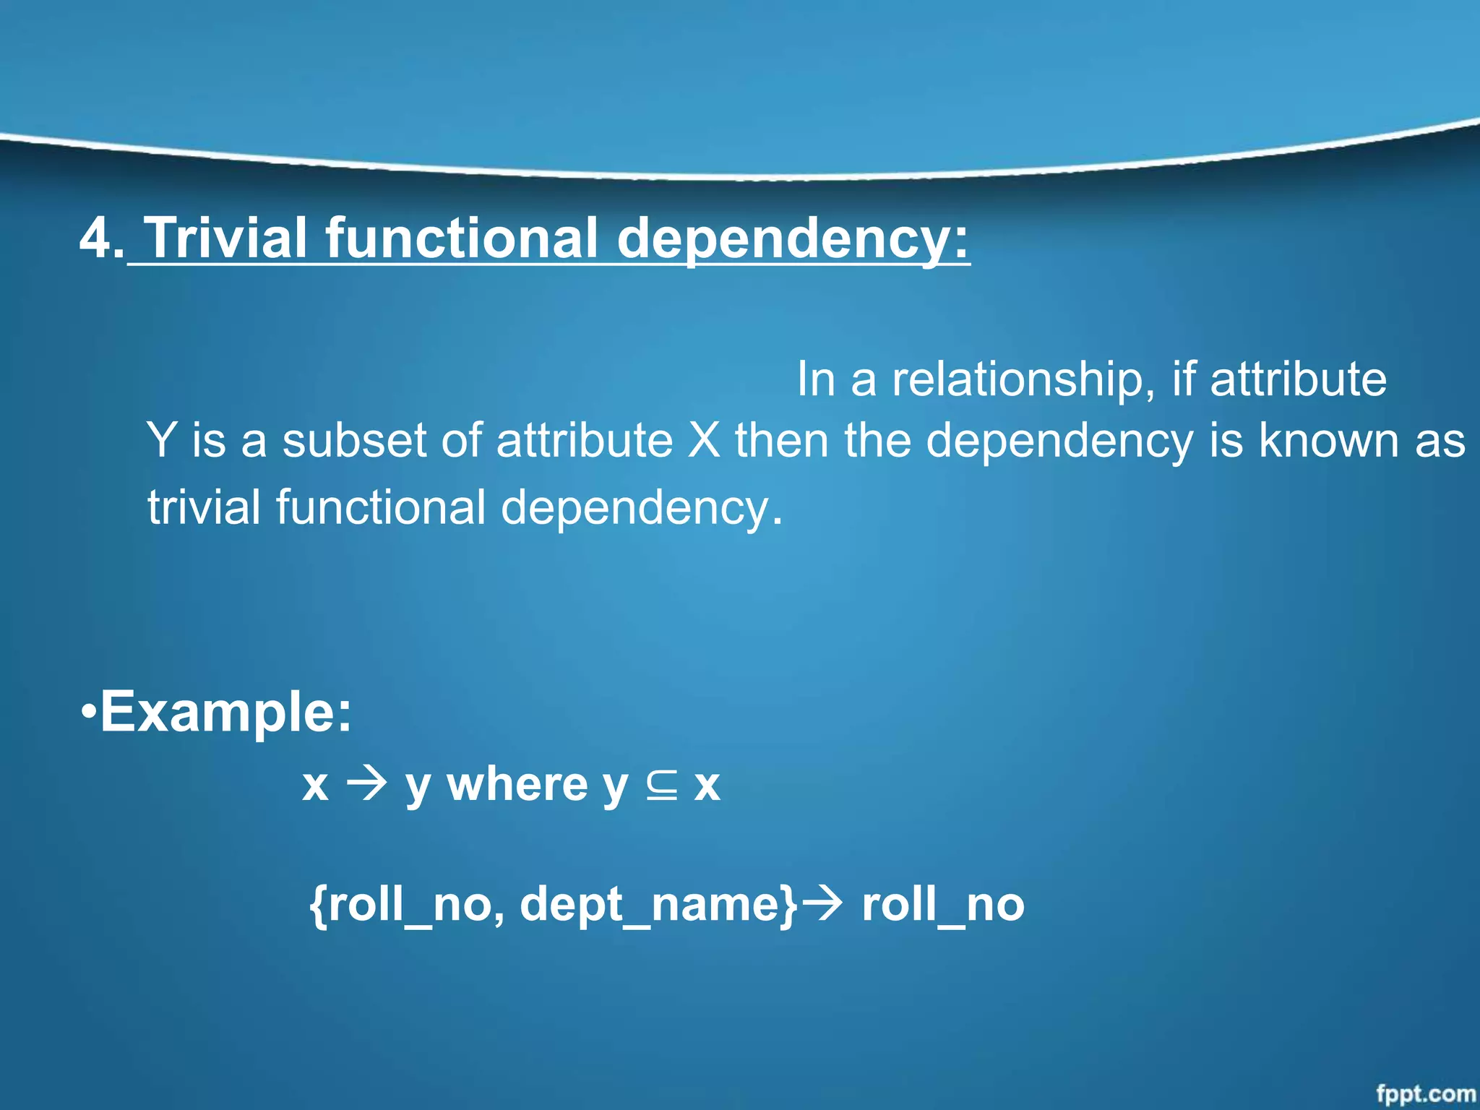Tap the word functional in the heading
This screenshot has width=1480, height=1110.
pyautogui.click(x=462, y=238)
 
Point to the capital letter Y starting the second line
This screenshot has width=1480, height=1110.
pyautogui.click(x=160, y=441)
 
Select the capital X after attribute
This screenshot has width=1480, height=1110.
pyautogui.click(x=703, y=441)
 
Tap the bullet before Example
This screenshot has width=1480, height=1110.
pyautogui.click(x=88, y=711)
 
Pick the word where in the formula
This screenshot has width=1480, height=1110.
pyautogui.click(x=517, y=785)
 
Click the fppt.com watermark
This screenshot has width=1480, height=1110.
pyautogui.click(x=1425, y=1093)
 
